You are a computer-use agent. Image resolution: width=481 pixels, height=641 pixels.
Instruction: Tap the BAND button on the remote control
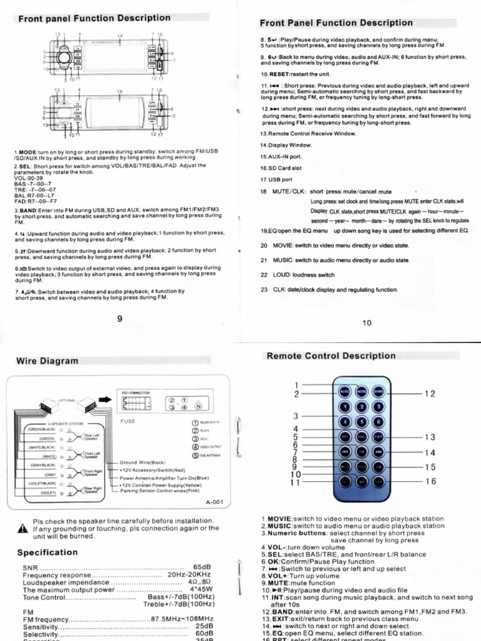point(378,390)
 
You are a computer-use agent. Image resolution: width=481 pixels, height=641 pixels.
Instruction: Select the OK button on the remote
point(361,451)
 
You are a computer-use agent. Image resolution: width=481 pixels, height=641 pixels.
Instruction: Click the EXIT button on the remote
point(378,436)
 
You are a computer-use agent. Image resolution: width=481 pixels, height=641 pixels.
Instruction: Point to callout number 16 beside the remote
point(430,481)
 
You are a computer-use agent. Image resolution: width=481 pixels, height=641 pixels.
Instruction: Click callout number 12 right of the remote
point(430,394)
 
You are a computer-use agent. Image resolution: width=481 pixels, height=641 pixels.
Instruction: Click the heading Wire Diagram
point(47,361)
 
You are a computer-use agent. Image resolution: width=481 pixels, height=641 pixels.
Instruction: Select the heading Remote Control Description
point(331,356)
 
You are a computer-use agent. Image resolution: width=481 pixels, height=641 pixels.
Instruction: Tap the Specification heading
point(47,552)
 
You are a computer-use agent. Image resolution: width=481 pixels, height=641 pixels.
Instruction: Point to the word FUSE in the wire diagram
point(128,421)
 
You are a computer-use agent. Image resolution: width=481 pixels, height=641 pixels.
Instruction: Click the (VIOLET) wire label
point(49,493)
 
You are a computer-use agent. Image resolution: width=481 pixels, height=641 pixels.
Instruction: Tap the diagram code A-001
point(214,502)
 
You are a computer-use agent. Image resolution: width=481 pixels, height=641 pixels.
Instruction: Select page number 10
point(366,322)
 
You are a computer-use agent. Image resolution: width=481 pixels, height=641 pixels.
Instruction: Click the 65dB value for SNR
point(202,566)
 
